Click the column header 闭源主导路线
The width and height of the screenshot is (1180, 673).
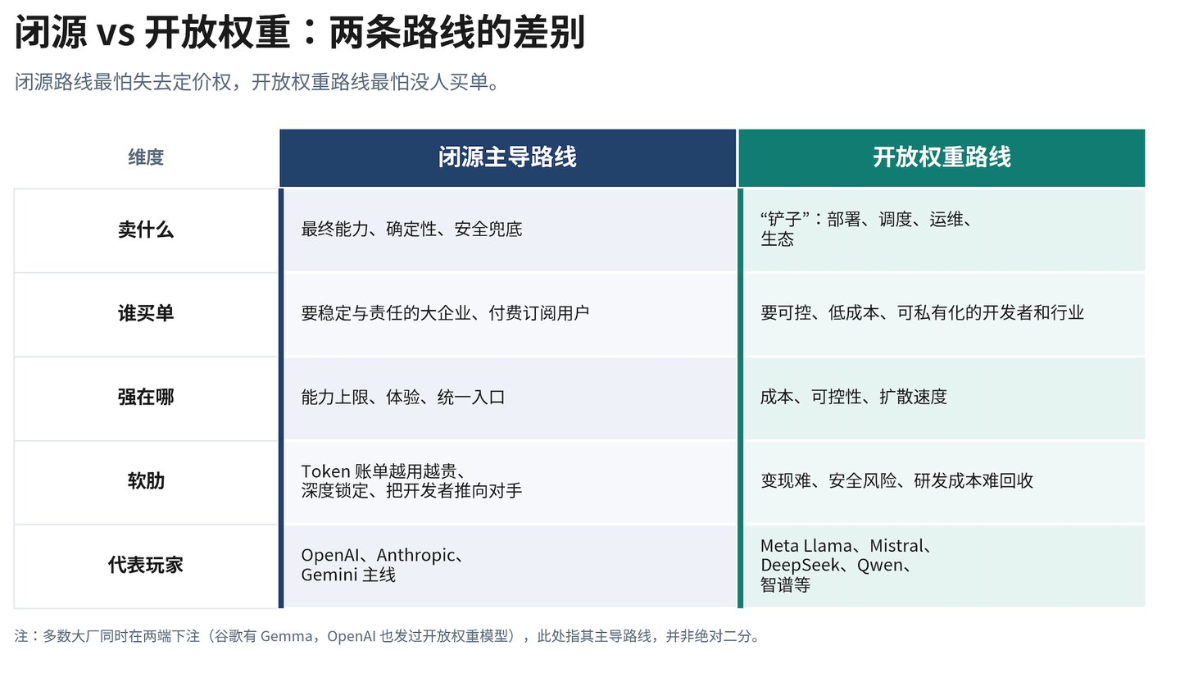pyautogui.click(x=507, y=157)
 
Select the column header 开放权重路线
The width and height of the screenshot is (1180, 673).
pyautogui.click(x=942, y=157)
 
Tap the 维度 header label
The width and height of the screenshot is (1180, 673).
pyautogui.click(x=146, y=157)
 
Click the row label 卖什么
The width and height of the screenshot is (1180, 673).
pyautogui.click(x=146, y=230)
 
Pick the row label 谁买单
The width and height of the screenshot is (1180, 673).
pyautogui.click(x=146, y=313)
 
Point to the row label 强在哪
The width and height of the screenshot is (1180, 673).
pyautogui.click(x=146, y=397)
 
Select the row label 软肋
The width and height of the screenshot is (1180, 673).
pyautogui.click(x=146, y=480)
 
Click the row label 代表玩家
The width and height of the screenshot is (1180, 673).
pyautogui.click(x=146, y=565)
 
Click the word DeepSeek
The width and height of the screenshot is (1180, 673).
pyautogui.click(x=800, y=566)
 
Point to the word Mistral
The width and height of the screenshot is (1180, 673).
pyautogui.click(x=896, y=545)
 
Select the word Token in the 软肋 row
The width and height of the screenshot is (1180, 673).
pyautogui.click(x=325, y=471)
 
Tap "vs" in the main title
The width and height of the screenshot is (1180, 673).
pyautogui.click(x=116, y=34)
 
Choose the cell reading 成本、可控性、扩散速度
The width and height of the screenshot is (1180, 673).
pyautogui.click(x=853, y=397)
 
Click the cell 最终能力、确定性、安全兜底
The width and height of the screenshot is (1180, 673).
pyautogui.click(x=411, y=230)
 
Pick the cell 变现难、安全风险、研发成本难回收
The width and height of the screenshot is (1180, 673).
pyautogui.click(x=896, y=480)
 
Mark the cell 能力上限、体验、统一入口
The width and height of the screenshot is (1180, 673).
pyautogui.click(x=403, y=397)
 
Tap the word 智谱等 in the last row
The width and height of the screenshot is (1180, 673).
pyautogui.click(x=785, y=585)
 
